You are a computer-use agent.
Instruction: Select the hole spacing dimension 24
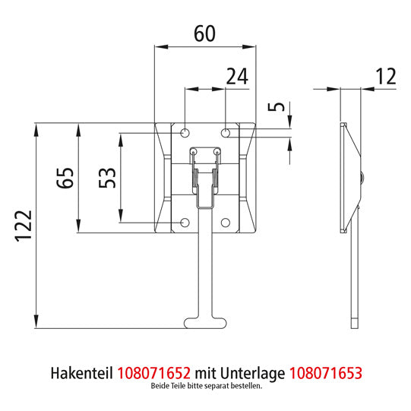(237, 76)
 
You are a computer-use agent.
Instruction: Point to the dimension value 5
(280, 106)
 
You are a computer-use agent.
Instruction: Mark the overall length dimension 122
(22, 226)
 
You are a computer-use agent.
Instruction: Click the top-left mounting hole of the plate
(185, 133)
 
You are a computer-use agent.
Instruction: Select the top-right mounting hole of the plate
(226, 133)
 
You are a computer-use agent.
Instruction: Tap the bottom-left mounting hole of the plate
(185, 223)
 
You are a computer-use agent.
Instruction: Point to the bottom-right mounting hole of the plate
(226, 223)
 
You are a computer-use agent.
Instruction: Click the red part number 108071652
(155, 373)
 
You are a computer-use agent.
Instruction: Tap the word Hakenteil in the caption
(81, 373)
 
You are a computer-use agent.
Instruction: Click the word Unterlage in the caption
(255, 373)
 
